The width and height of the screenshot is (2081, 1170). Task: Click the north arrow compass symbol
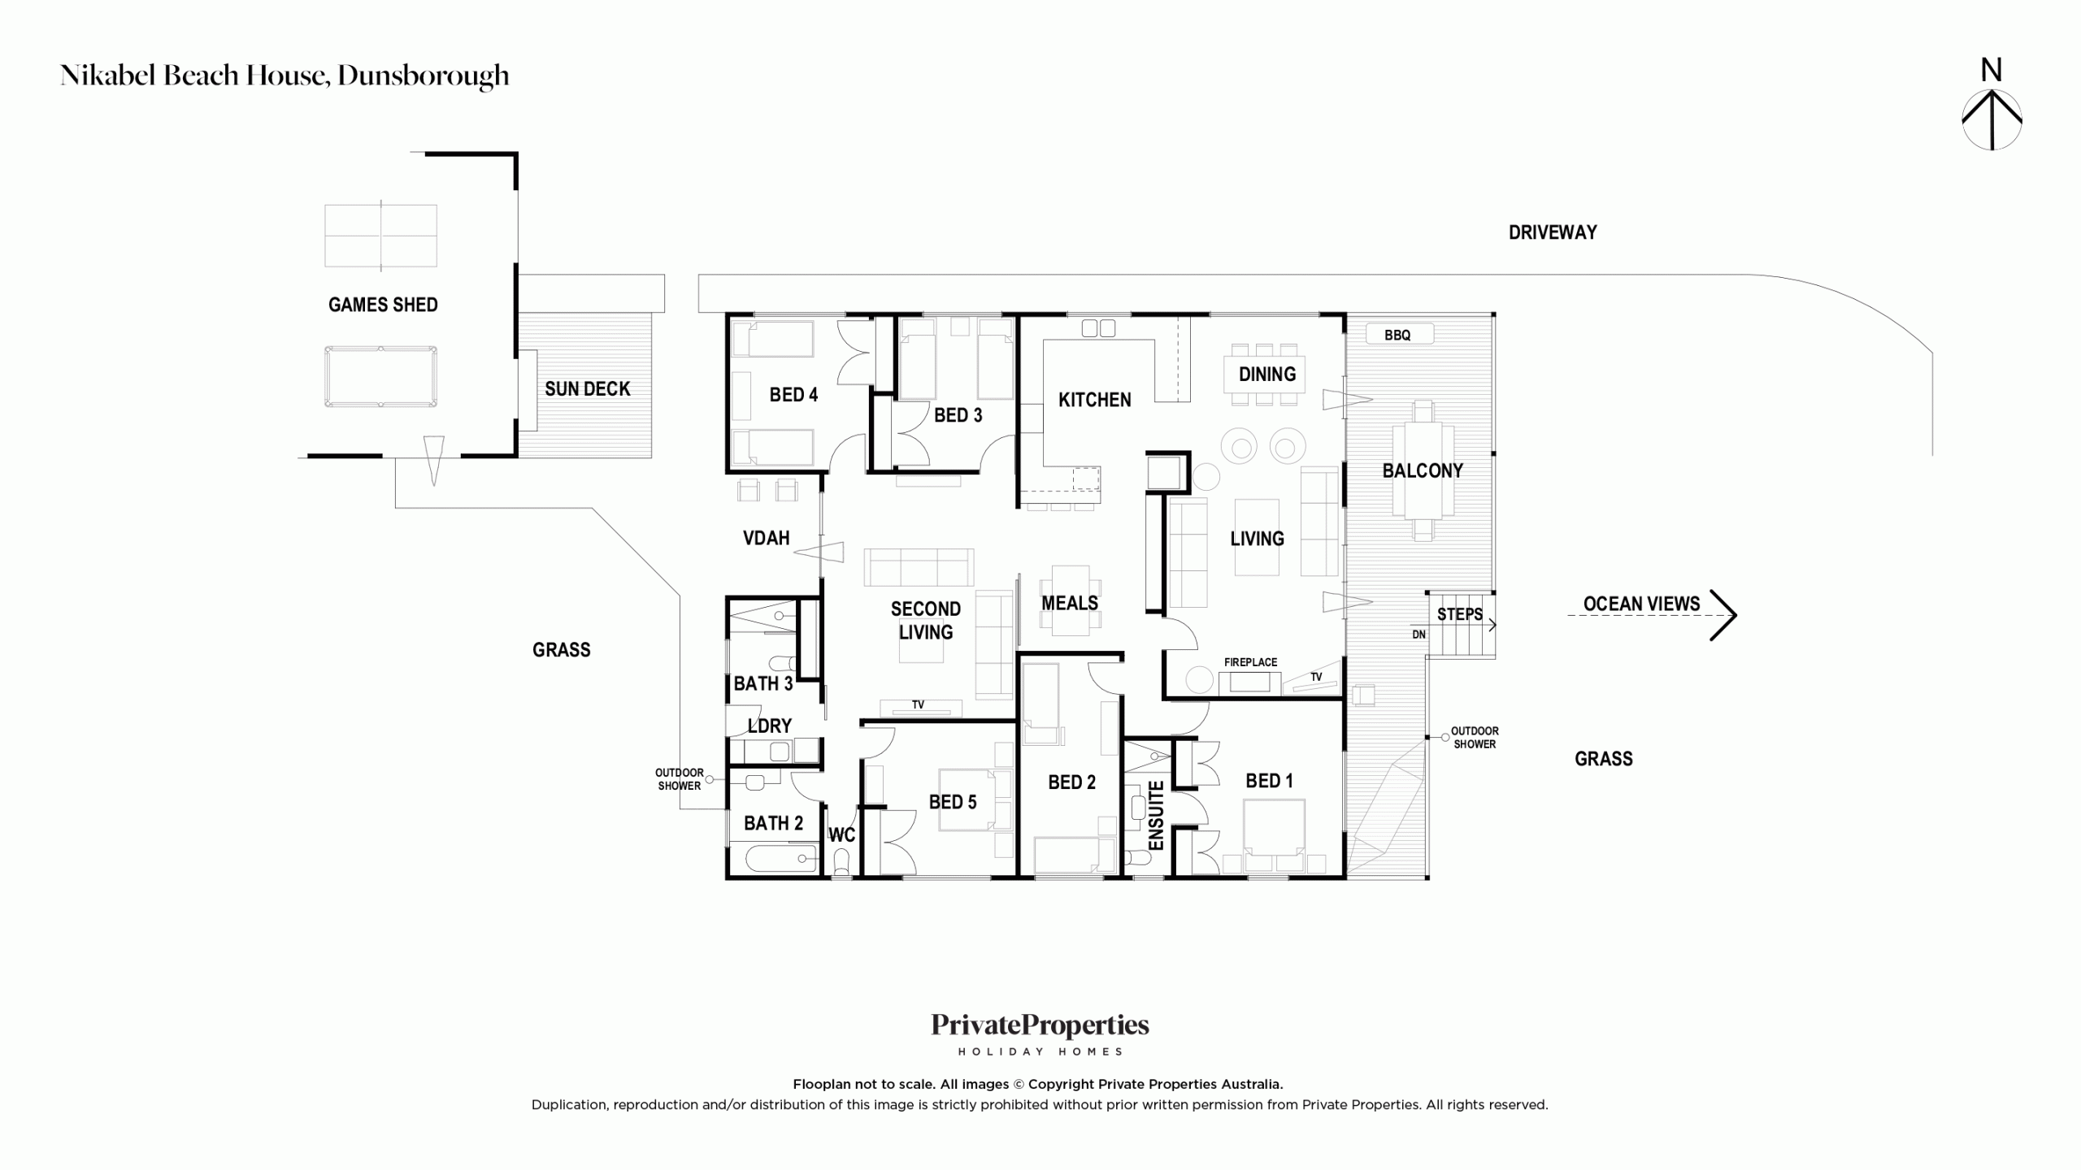click(1992, 119)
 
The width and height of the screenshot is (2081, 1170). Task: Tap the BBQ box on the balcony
click(1398, 335)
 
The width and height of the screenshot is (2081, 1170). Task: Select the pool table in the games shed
click(380, 377)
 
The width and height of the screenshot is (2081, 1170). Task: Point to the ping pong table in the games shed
click(380, 236)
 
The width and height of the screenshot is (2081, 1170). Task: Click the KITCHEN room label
click(1094, 400)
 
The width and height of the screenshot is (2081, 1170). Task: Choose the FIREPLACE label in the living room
click(1250, 662)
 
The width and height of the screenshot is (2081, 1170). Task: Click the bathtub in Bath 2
click(772, 858)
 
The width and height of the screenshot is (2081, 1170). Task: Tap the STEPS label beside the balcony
click(1460, 614)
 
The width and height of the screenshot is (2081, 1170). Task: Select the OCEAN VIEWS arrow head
click(1723, 615)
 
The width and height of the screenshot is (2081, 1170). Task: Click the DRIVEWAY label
click(1553, 232)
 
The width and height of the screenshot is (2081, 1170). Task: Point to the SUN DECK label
click(587, 389)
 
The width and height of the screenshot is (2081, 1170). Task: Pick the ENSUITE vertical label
click(1156, 815)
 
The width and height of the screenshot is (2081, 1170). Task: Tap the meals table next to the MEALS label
click(1070, 601)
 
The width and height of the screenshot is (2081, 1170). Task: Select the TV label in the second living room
click(918, 704)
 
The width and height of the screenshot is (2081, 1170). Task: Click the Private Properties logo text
click(1040, 1026)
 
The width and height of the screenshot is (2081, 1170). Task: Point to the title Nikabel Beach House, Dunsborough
click(285, 76)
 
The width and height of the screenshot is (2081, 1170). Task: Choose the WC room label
click(842, 834)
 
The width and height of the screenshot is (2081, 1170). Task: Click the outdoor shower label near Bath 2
click(680, 779)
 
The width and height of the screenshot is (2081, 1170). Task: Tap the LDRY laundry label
click(769, 726)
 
